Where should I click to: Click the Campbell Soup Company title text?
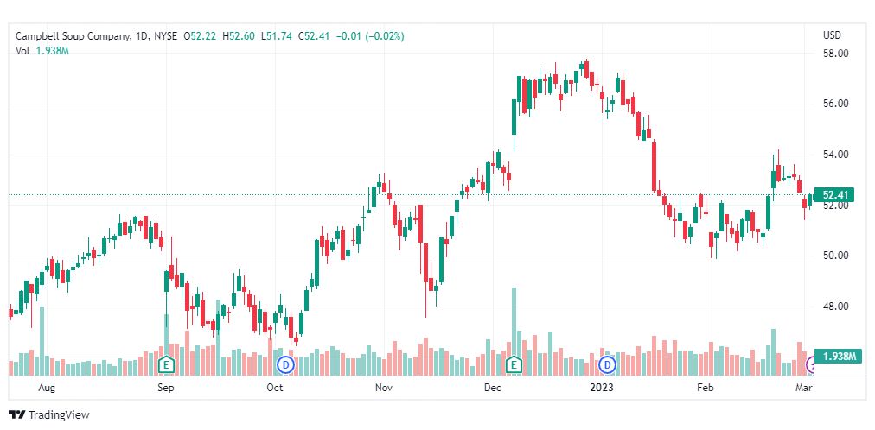coord(73,36)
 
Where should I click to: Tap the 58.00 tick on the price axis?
coord(834,54)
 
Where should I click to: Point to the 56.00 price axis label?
coord(834,104)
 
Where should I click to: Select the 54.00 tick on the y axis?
coord(834,155)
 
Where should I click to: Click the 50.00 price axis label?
coord(834,256)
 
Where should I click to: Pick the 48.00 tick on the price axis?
coord(834,307)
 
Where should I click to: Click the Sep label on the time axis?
coord(166,389)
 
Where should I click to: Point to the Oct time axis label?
coord(274,389)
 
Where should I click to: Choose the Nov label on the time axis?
coord(385,389)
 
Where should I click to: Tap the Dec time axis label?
coord(493,389)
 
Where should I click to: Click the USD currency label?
coord(833,35)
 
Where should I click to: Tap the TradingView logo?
coord(50,414)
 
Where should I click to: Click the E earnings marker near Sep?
coord(166,364)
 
